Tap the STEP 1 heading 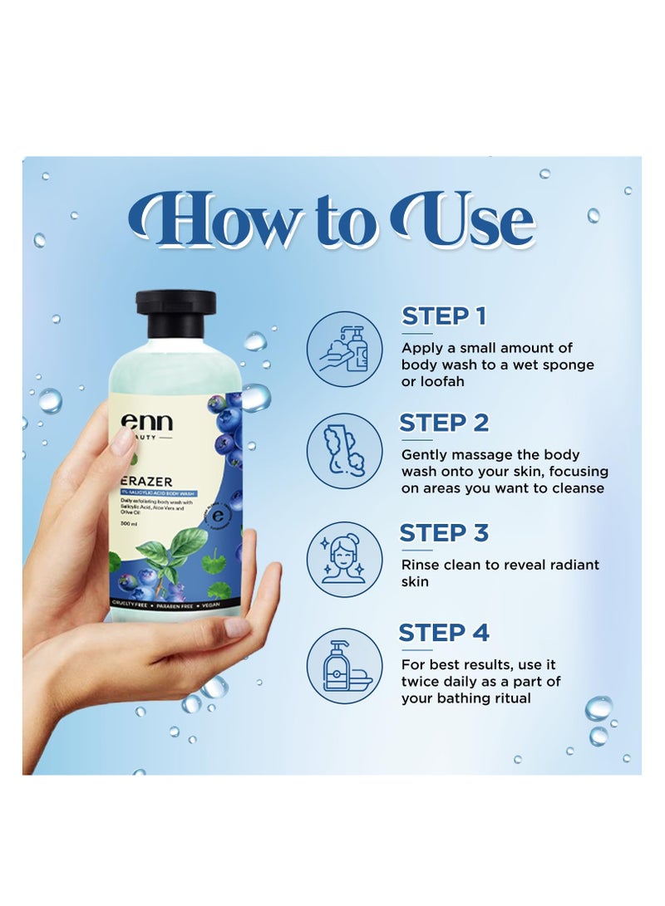point(444,316)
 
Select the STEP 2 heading point(444,423)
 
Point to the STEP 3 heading point(444,532)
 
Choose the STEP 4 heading point(444,633)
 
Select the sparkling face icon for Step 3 point(344,559)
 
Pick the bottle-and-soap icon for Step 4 point(344,666)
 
